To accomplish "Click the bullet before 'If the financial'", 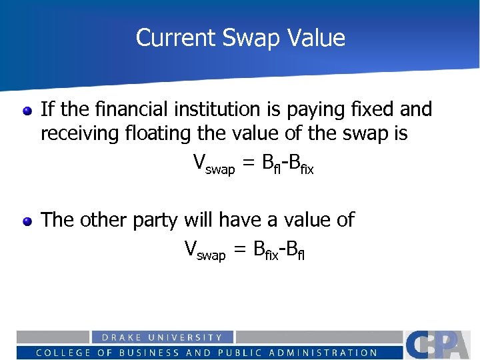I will click(27, 111).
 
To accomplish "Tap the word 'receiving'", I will click(83, 134).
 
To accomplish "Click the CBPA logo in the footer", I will click(441, 345).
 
